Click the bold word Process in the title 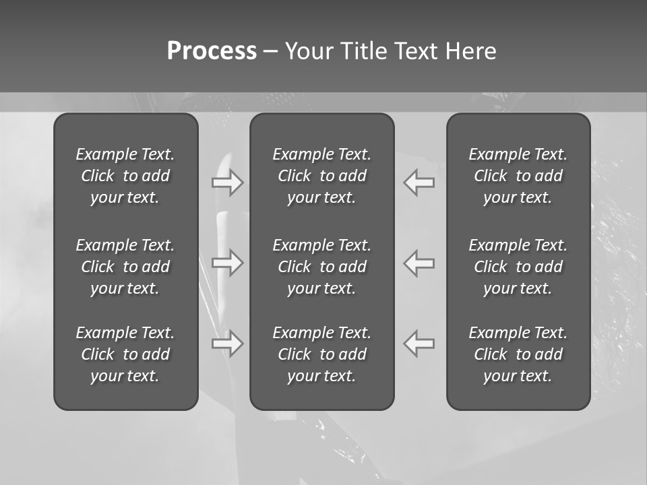coord(212,51)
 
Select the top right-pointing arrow coord(227,183)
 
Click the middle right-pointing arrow coord(227,262)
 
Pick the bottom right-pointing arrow coord(227,344)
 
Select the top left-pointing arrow coord(419,183)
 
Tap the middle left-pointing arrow coord(419,262)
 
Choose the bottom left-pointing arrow coord(419,344)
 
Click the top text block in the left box coord(125,176)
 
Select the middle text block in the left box coord(125,267)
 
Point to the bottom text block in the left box coord(125,354)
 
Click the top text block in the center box coord(321,176)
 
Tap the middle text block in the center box coord(321,267)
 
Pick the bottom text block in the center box coord(321,354)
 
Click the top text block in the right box coord(518,176)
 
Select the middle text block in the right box coord(518,267)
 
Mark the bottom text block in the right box coord(518,354)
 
